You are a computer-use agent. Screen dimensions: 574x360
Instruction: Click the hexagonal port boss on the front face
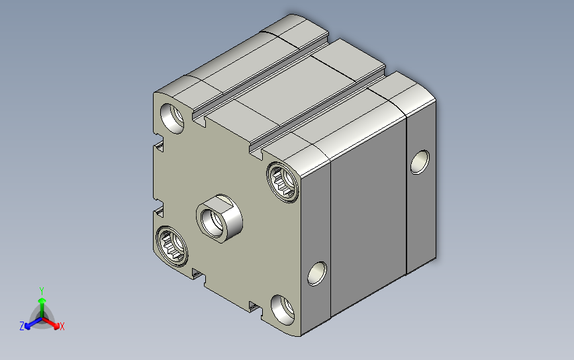[x=219, y=219]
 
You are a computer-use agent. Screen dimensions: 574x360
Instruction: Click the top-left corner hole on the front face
[x=172, y=118]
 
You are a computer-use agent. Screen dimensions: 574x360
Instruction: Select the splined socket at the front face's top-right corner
[x=283, y=182]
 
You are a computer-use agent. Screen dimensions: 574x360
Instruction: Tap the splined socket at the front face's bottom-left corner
[x=171, y=246]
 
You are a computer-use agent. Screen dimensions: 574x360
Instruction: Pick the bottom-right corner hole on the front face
[x=283, y=310]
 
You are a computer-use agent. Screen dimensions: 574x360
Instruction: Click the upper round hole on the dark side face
[x=420, y=161]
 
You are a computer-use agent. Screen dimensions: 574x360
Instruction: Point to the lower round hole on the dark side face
[x=317, y=274]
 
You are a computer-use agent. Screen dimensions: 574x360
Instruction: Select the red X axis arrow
[x=51, y=323]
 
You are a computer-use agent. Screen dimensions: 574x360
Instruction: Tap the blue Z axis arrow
[x=33, y=323]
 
